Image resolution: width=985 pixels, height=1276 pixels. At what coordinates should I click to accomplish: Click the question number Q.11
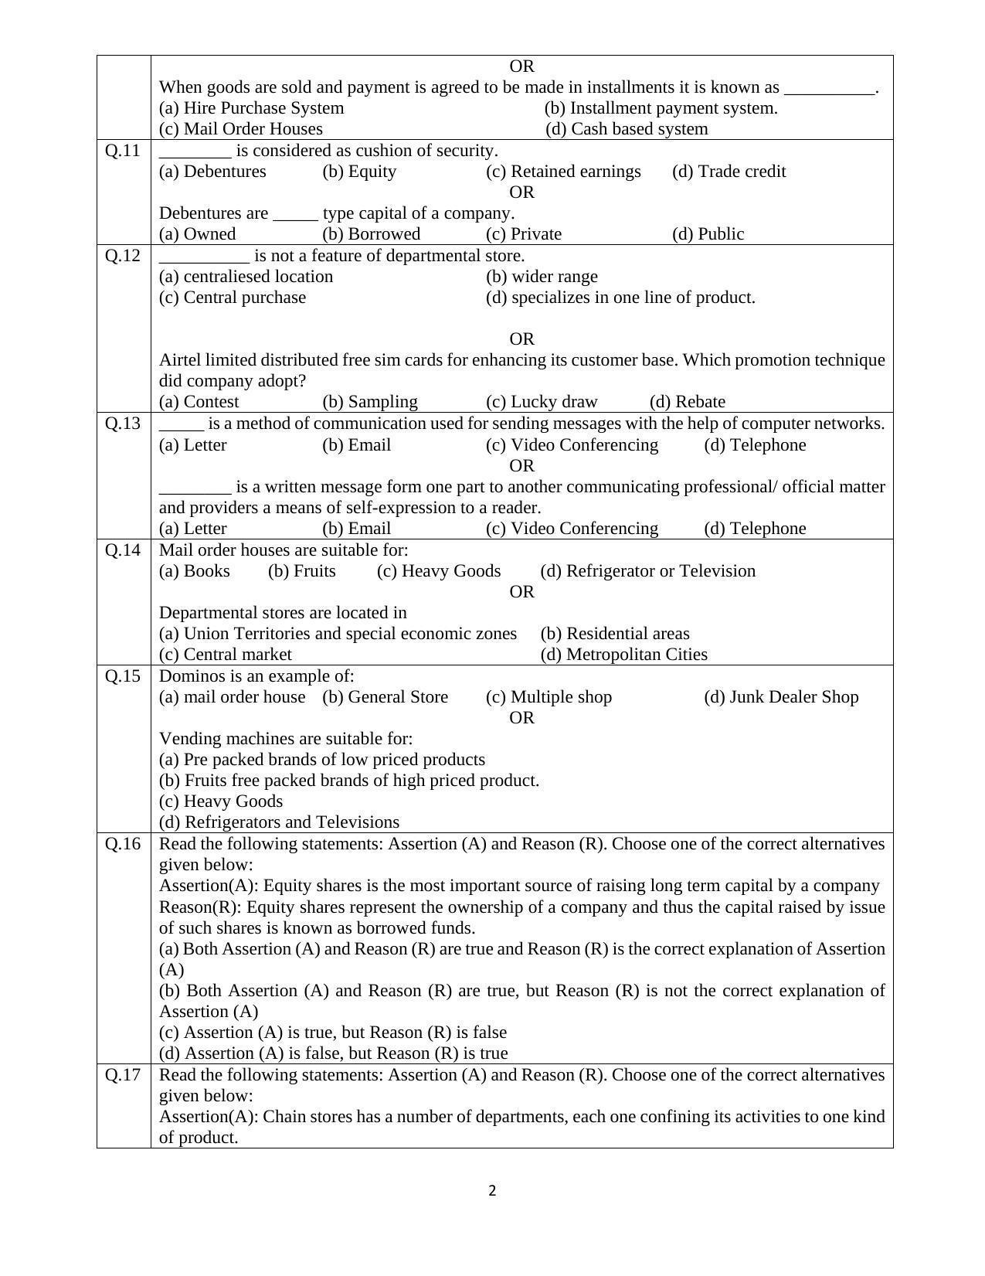pyautogui.click(x=123, y=150)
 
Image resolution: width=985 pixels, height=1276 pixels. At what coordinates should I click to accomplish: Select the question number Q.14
pyautogui.click(x=123, y=550)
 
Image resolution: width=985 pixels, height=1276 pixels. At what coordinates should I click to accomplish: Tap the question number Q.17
pyautogui.click(x=123, y=1074)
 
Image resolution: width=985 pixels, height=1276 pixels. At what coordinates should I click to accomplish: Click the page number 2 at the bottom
pyautogui.click(x=492, y=1190)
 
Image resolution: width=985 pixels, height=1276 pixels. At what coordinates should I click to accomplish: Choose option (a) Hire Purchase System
pyautogui.click(x=251, y=108)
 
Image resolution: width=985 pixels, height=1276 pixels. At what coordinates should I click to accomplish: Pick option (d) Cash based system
pyautogui.click(x=627, y=129)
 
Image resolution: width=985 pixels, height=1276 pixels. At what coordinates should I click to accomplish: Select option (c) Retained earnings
pyautogui.click(x=563, y=172)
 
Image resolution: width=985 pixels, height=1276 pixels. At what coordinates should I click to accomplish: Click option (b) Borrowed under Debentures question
pyautogui.click(x=371, y=234)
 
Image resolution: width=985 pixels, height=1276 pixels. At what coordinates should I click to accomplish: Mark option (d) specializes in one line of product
pyautogui.click(x=620, y=298)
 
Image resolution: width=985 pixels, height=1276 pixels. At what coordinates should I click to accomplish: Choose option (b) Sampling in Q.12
pyautogui.click(x=369, y=402)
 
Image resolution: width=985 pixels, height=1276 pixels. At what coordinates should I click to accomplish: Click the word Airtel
pyautogui.click(x=180, y=360)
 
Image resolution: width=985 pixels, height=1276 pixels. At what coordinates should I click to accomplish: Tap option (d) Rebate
pyautogui.click(x=687, y=402)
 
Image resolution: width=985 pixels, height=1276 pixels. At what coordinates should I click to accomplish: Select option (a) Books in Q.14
pyautogui.click(x=194, y=571)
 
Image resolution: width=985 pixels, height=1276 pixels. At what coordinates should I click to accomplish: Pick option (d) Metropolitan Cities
pyautogui.click(x=623, y=655)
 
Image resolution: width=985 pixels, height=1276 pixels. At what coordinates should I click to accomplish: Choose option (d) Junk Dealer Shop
pyautogui.click(x=780, y=697)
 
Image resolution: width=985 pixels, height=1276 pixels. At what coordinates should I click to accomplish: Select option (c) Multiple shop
pyautogui.click(x=549, y=697)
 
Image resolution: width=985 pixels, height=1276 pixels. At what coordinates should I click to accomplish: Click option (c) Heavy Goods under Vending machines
pyautogui.click(x=220, y=801)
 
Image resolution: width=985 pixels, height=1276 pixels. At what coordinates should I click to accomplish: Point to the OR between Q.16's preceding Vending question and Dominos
pyautogui.click(x=521, y=718)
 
